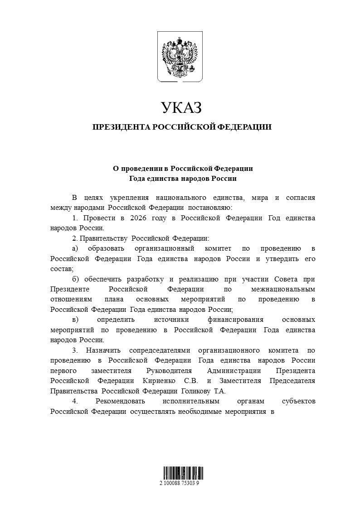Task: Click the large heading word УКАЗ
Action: coord(180,108)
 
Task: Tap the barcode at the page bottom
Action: coord(180,473)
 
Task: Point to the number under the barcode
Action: coord(180,483)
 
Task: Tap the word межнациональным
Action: coord(282,289)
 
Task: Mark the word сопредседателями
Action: coord(157,350)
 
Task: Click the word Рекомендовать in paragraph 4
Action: coord(120,401)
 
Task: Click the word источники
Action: coord(177,320)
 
